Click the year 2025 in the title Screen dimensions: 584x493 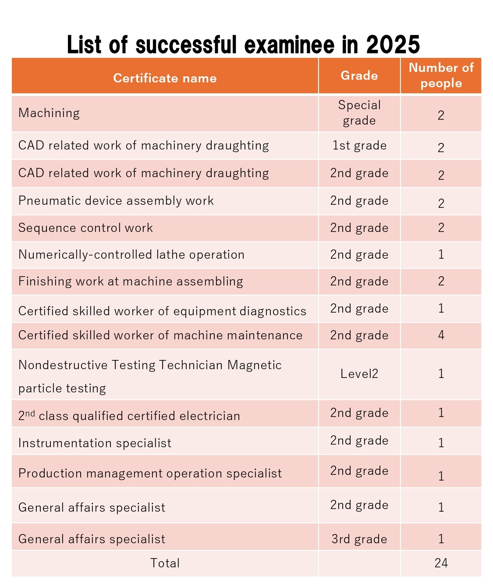click(x=393, y=45)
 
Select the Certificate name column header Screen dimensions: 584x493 click(x=165, y=78)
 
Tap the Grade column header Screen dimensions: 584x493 click(x=359, y=75)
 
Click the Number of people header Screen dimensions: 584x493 click(x=441, y=75)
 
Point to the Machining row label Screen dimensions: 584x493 click(x=49, y=113)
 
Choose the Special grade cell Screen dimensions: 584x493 click(x=359, y=113)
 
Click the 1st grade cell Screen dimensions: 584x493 click(x=359, y=146)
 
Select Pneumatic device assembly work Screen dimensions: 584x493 click(x=116, y=201)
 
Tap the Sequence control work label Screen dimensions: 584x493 click(x=85, y=228)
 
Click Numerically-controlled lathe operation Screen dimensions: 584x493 click(x=131, y=255)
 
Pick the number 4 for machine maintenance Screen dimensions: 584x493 click(x=441, y=335)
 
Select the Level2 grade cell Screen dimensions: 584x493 click(x=359, y=374)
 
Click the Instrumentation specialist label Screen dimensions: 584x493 click(x=95, y=443)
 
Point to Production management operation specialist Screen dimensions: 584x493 click(x=150, y=474)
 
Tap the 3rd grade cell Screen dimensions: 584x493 click(x=359, y=539)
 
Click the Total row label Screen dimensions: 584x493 click(x=165, y=563)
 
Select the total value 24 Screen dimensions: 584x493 click(x=441, y=563)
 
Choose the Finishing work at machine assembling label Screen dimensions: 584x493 click(x=131, y=281)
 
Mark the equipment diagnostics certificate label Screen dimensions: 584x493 click(x=162, y=311)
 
